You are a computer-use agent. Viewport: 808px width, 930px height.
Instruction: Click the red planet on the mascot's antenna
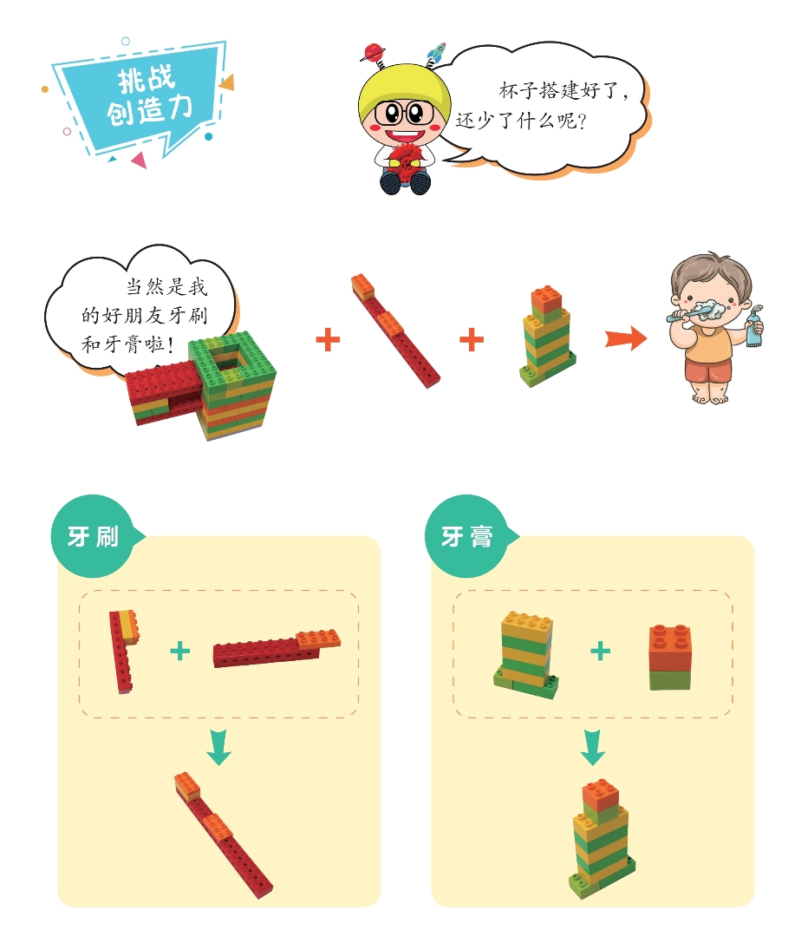pyautogui.click(x=373, y=53)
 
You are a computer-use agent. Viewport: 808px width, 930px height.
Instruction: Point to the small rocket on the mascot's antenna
pyautogui.click(x=436, y=51)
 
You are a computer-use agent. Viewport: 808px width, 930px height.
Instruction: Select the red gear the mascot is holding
pyautogui.click(x=405, y=160)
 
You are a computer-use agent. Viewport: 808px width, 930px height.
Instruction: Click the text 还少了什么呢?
pyautogui.click(x=521, y=121)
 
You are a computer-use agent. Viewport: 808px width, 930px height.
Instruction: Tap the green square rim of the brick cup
pyautogui.click(x=233, y=359)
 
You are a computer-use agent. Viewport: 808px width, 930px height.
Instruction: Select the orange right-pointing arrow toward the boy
pyautogui.click(x=626, y=338)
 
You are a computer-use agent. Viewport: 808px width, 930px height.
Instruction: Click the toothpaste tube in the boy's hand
pyautogui.click(x=753, y=327)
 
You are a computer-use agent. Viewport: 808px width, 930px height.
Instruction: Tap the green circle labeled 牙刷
pyautogui.click(x=93, y=536)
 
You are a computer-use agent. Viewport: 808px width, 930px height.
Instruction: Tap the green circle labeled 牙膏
pyautogui.click(x=466, y=536)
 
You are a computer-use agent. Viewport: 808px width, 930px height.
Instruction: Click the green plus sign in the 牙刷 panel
pyautogui.click(x=180, y=651)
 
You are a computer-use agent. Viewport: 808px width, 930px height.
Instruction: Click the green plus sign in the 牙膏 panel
pyautogui.click(x=601, y=651)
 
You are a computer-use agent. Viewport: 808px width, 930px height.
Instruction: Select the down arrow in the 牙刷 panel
pyautogui.click(x=218, y=747)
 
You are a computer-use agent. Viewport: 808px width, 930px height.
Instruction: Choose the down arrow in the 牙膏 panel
pyautogui.click(x=592, y=747)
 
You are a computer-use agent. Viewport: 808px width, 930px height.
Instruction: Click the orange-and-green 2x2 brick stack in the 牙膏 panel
pyautogui.click(x=670, y=657)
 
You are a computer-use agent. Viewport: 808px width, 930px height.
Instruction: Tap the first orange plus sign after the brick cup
pyautogui.click(x=328, y=340)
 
